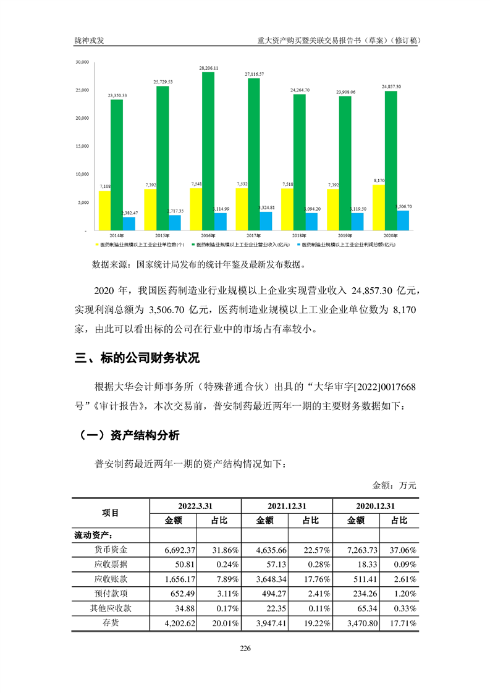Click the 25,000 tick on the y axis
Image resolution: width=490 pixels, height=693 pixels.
82,90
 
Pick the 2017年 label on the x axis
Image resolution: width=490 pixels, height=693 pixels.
253,236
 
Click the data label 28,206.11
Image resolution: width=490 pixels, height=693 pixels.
208,67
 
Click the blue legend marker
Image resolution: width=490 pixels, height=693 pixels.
298,245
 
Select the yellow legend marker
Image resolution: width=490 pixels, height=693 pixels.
96,245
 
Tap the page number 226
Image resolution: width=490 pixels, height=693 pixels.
245,648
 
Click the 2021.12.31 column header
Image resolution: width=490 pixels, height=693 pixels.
287,505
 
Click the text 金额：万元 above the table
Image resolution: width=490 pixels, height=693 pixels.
394,485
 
